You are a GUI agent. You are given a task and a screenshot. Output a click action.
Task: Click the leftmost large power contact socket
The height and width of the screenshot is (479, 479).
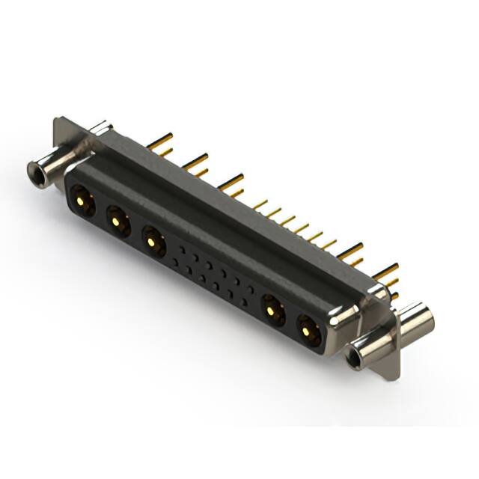[x=82, y=201]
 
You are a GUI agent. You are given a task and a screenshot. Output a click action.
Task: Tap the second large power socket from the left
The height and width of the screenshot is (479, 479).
[x=117, y=220]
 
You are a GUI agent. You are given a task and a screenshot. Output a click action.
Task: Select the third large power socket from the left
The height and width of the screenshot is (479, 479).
[x=153, y=241]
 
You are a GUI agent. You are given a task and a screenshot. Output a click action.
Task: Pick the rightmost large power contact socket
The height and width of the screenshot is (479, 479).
[x=308, y=329]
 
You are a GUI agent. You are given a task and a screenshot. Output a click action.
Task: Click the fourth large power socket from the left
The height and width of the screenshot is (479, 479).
[x=271, y=308]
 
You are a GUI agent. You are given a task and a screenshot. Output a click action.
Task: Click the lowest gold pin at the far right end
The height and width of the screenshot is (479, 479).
[x=394, y=296]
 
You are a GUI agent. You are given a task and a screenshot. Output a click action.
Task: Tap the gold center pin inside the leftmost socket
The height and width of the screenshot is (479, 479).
[x=79, y=200]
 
